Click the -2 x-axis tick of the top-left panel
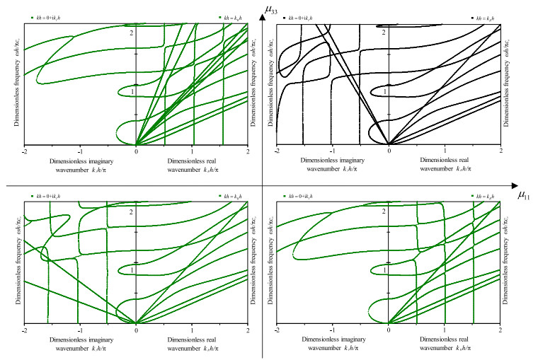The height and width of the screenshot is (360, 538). (25, 151)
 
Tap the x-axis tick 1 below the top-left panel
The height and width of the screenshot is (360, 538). (192, 151)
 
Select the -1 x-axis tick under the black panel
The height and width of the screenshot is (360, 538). (333, 151)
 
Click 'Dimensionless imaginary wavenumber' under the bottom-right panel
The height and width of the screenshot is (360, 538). (332, 343)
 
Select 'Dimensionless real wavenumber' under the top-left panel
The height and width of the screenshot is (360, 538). (192, 166)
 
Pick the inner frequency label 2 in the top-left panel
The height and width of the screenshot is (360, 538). (132, 33)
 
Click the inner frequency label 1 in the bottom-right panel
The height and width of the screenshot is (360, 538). (384, 270)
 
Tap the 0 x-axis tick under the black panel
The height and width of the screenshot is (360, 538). (388, 151)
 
